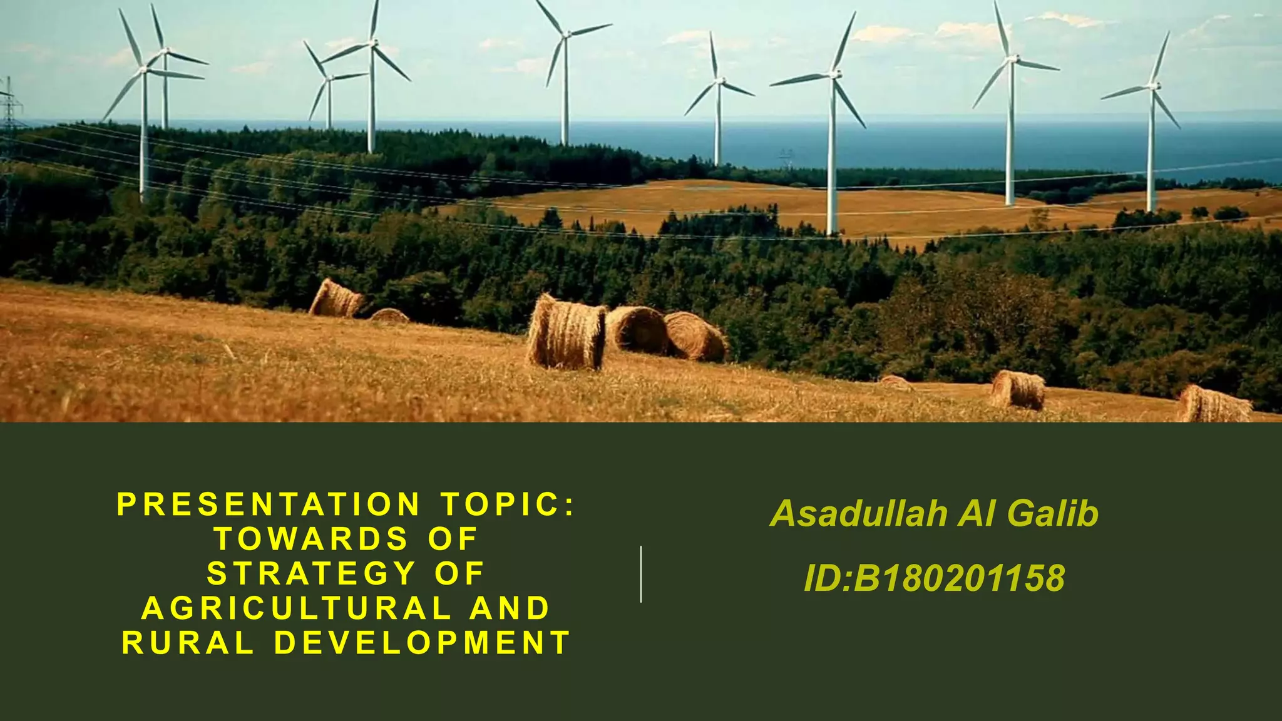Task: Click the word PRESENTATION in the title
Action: [269, 505]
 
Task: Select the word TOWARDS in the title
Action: [312, 539]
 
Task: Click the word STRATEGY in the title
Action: [311, 574]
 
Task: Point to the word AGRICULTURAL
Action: [297, 608]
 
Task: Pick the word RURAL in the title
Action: [188, 643]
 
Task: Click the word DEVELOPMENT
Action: [423, 643]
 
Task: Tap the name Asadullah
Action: [859, 514]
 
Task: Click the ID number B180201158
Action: [959, 578]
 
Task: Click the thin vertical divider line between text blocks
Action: [641, 574]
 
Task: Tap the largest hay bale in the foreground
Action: [567, 334]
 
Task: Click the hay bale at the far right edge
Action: [1214, 404]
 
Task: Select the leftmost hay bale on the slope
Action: [337, 299]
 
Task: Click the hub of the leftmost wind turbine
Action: [145, 69]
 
